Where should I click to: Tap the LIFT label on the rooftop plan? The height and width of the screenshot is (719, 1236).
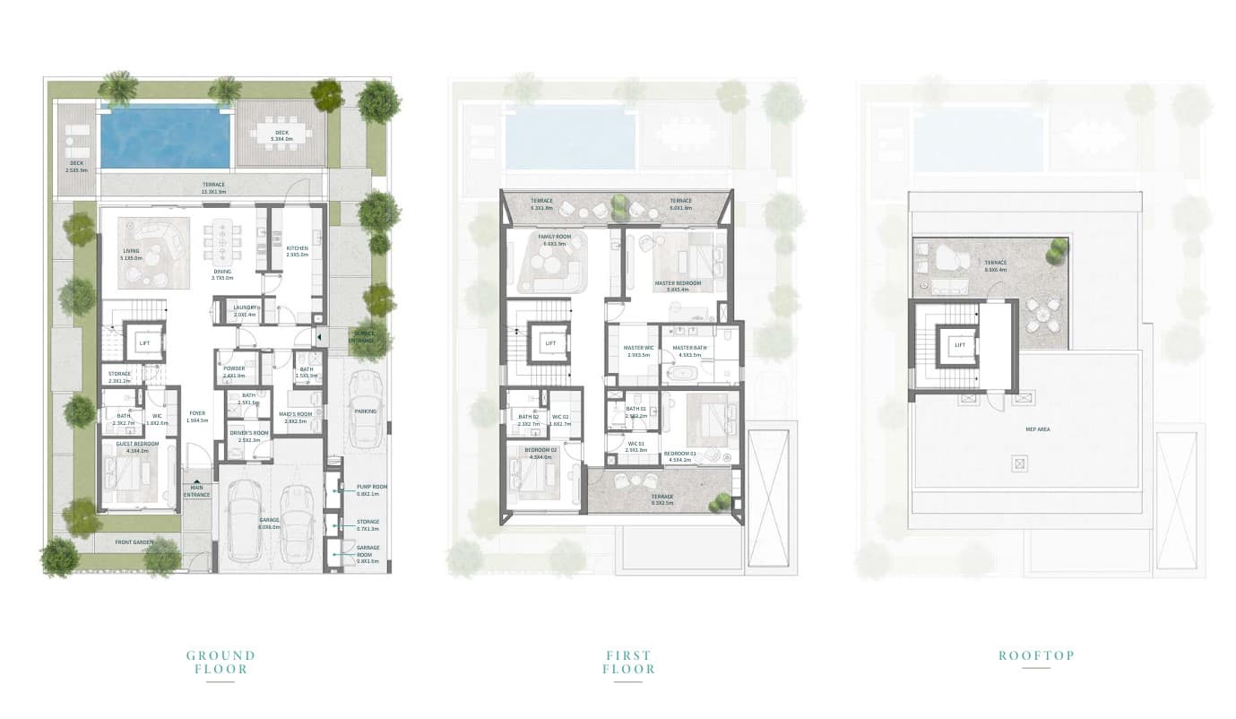[x=959, y=344]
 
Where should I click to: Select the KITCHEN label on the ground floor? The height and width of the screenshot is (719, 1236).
[x=298, y=248]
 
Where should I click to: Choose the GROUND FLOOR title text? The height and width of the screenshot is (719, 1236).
[x=220, y=662]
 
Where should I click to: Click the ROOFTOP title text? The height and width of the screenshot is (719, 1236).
[x=1036, y=655]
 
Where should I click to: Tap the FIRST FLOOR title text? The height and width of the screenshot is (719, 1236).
[x=628, y=662]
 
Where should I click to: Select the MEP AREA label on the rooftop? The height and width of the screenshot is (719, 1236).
[x=1037, y=429]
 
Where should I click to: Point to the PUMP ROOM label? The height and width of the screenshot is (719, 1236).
[x=367, y=487]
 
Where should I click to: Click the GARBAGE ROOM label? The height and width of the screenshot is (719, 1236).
[x=367, y=550]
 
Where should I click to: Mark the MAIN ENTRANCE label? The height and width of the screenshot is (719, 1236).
[x=197, y=491]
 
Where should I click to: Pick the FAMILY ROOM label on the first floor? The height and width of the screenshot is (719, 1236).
[x=555, y=238]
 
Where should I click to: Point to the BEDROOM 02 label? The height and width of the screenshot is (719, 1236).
[x=541, y=449]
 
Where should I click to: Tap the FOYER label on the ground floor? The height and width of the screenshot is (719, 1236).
[x=197, y=413]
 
